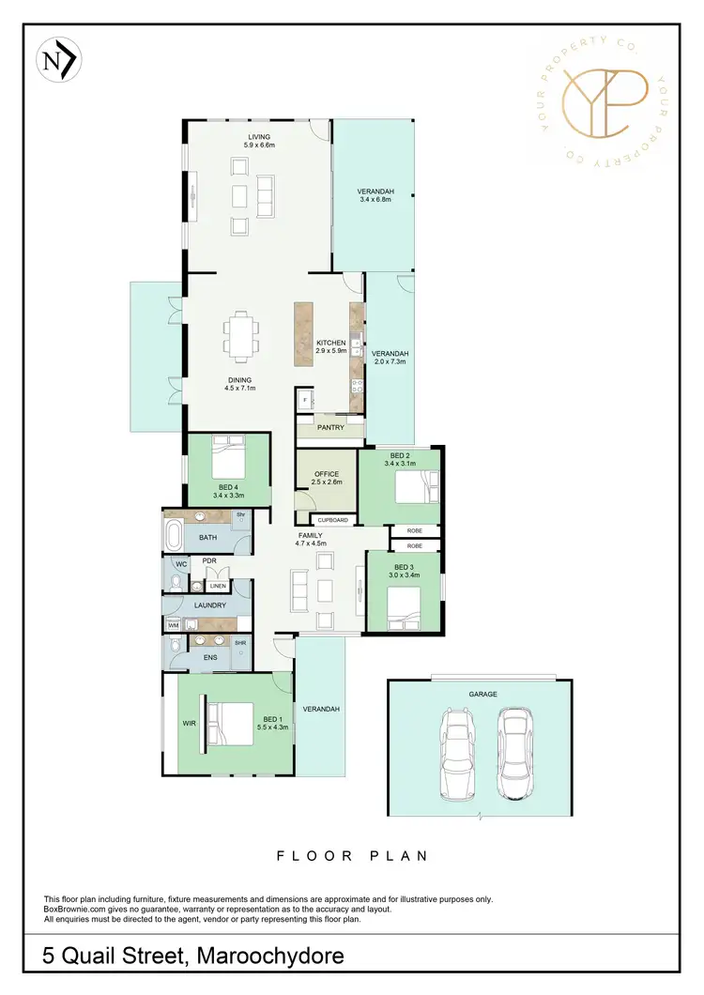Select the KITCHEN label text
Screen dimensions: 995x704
pyautogui.click(x=331, y=343)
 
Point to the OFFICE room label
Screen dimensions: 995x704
pyautogui.click(x=326, y=474)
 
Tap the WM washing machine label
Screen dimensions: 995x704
pyautogui.click(x=173, y=624)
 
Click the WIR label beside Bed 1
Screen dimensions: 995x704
pyautogui.click(x=189, y=723)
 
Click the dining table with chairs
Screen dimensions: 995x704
pyautogui.click(x=239, y=334)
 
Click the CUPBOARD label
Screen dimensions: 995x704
pyautogui.click(x=333, y=520)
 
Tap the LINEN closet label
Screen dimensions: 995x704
pyautogui.click(x=218, y=587)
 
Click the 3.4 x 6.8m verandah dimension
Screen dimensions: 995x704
pyautogui.click(x=376, y=199)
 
